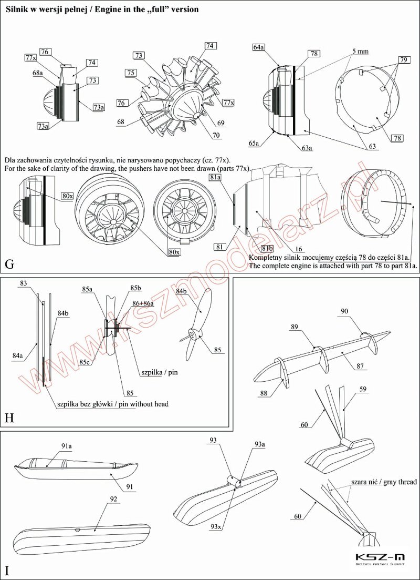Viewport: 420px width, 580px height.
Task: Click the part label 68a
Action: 38,73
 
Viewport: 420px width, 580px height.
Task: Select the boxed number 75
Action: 131,73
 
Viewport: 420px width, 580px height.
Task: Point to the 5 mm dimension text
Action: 361,52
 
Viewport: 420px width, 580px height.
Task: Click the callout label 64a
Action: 258,47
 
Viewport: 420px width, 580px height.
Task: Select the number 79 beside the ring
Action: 403,60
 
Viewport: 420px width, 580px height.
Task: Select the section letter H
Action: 9,419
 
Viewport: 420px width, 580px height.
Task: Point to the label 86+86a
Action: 143,303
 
